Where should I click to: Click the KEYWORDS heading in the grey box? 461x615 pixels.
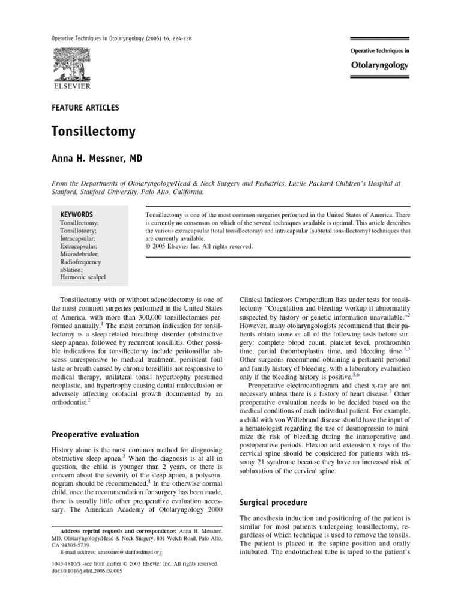tap(77, 214)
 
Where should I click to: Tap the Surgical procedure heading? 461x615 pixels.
tap(273, 502)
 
